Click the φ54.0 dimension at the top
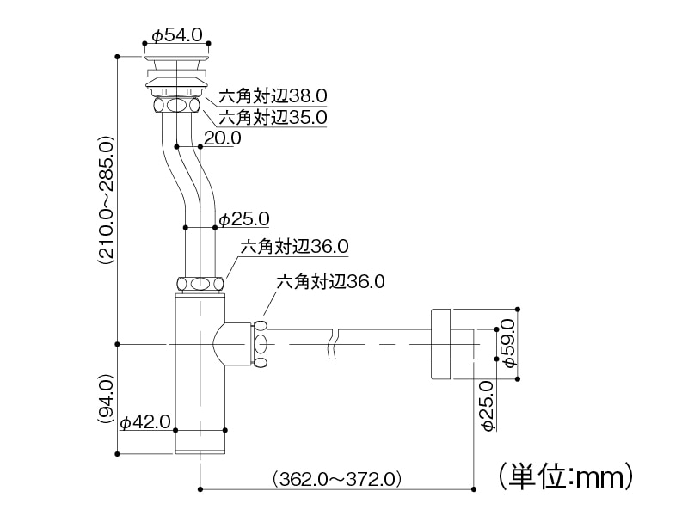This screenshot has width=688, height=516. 177,35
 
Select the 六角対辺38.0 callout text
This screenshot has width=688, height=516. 273,95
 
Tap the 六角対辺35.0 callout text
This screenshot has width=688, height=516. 273,117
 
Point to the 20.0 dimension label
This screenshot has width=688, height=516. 223,138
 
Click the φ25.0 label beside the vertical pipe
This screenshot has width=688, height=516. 244,218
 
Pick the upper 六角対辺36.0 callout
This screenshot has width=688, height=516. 294,246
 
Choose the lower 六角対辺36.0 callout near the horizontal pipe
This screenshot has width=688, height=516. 330,280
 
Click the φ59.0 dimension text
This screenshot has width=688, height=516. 507,342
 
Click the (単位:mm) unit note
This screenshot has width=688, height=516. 566,475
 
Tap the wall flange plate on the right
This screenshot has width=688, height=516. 440,344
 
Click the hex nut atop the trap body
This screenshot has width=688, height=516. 200,283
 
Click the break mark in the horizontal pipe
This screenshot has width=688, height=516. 334,344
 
